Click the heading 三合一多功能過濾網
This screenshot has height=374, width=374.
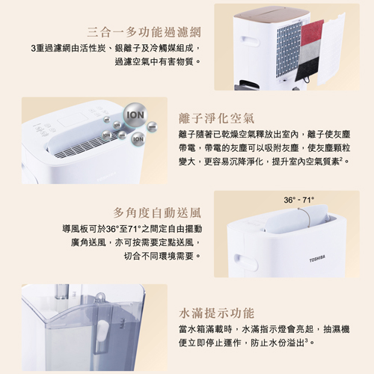(x=144, y=32)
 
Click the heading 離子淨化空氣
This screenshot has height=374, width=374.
(x=216, y=118)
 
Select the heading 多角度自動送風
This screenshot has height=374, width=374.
(x=157, y=212)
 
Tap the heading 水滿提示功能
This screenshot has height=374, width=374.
(x=216, y=313)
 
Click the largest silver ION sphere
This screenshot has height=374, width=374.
(x=135, y=115)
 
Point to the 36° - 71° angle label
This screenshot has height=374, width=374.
(x=299, y=200)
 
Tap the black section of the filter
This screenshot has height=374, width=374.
(x=307, y=69)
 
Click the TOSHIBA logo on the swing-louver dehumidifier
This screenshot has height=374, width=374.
(x=317, y=259)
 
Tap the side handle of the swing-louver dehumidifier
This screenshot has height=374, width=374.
(x=246, y=263)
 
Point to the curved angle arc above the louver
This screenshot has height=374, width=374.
(x=307, y=216)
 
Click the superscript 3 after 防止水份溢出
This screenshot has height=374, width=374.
(x=307, y=340)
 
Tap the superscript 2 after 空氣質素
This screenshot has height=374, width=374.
(x=341, y=159)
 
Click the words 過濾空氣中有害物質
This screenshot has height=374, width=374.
(x=154, y=61)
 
